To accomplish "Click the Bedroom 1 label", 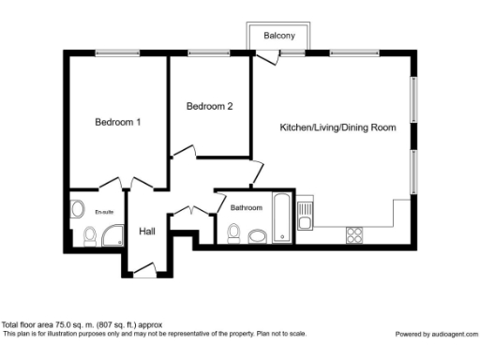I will [x=118, y=122].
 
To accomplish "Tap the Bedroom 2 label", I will [x=209, y=107].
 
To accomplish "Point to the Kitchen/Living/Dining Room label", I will [x=337, y=127].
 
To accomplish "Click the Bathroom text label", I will [x=246, y=207].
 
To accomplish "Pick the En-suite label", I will [x=103, y=213].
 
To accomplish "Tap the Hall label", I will [x=147, y=232].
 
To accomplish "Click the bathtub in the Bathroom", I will [x=281, y=219].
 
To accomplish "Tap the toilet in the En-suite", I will [x=88, y=238].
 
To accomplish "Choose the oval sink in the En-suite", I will [x=78, y=210].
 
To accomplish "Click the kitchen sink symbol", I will [x=305, y=216].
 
